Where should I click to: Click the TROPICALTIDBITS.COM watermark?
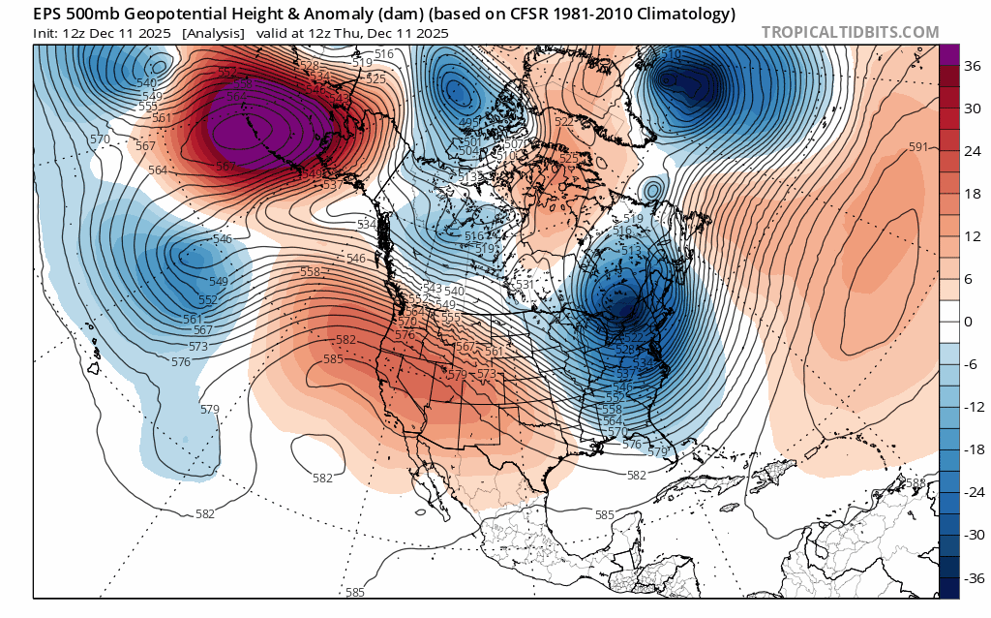click(850, 32)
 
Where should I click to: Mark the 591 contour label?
click(918, 147)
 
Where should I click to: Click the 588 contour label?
click(914, 482)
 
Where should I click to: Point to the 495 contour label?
click(470, 121)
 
